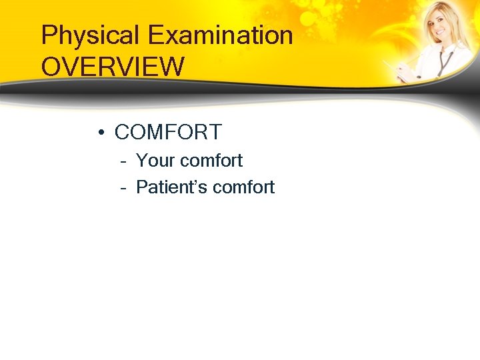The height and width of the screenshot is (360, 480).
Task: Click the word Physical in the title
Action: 91,36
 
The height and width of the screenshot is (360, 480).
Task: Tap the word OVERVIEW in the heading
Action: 113,67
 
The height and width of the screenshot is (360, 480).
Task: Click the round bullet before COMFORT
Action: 99,133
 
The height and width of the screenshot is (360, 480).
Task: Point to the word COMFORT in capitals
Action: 168,133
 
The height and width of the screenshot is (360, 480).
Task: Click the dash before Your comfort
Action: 124,161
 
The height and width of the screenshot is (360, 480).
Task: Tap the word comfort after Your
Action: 211,161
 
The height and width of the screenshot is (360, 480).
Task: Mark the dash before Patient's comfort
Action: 124,188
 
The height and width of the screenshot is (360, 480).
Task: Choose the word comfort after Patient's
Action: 243,188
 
